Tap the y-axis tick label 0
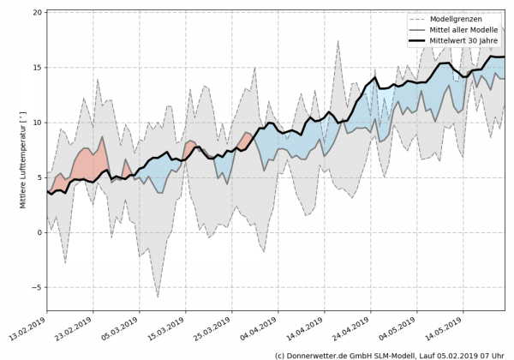click(39, 232)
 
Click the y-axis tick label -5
click(36, 288)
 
